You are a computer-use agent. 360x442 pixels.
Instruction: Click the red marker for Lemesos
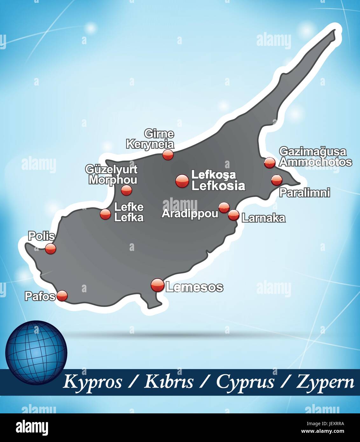157,285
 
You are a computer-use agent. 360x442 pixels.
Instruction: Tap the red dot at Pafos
62,296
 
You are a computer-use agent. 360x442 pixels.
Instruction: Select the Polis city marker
50,248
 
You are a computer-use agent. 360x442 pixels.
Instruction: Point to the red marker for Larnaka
233,215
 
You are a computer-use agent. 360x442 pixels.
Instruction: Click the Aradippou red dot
224,208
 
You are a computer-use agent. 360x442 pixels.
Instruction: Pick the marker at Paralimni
276,180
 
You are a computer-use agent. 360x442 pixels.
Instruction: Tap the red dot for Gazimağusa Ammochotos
270,162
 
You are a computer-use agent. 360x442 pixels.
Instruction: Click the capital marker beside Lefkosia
182,181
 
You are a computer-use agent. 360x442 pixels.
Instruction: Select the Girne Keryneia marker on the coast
168,155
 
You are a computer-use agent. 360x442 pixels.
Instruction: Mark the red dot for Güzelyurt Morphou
126,190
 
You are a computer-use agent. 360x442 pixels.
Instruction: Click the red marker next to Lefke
105,214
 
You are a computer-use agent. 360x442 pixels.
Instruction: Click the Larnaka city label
264,218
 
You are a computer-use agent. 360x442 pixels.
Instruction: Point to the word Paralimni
305,193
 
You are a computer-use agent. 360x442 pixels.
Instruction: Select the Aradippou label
190,213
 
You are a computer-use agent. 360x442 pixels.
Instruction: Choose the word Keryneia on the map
150,144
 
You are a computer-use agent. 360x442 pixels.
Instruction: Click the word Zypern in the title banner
325,382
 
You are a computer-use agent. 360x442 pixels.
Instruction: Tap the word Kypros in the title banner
93,382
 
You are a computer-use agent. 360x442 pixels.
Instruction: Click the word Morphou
113,180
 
